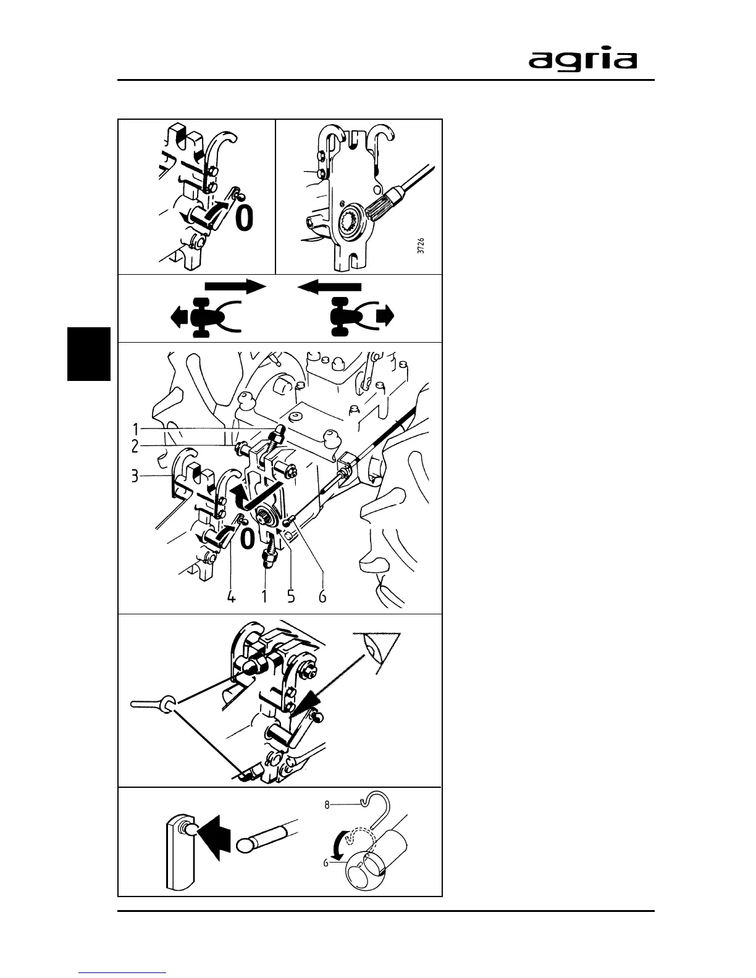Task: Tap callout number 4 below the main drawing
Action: [231, 597]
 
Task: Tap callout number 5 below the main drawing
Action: [292, 597]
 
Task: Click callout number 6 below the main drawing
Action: [322, 597]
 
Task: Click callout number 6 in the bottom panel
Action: [326, 863]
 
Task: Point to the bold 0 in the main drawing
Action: [246, 538]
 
